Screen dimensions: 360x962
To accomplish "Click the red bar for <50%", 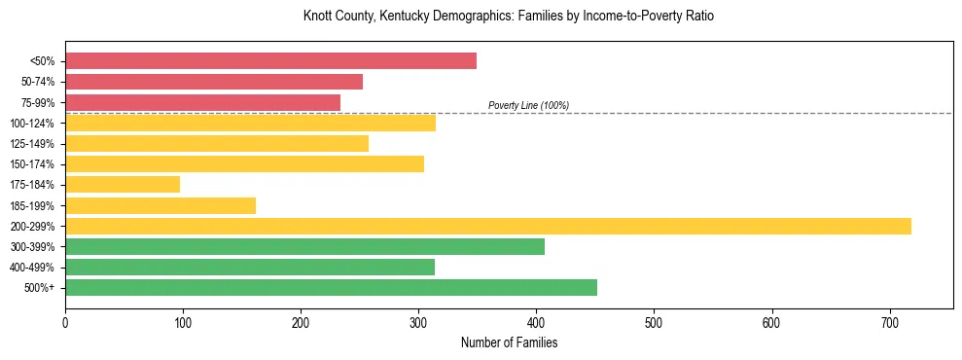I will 270,61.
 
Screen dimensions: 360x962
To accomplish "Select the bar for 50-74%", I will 214,82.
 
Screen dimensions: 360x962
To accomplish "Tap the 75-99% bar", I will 202,102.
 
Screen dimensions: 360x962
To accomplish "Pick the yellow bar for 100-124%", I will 250,123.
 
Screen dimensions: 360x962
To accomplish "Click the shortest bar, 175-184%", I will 123,184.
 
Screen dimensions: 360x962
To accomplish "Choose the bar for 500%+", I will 331,287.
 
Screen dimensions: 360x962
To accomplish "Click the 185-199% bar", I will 160,205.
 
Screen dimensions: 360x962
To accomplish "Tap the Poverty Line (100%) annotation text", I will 528,105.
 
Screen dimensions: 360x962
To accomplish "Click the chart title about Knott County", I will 509,17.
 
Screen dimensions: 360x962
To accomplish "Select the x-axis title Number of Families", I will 509,342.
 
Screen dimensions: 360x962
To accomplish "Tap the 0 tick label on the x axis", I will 65,322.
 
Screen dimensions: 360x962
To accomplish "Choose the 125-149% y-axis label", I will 33,144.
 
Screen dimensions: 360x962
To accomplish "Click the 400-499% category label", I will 33,268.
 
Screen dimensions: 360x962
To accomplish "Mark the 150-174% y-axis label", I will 33,164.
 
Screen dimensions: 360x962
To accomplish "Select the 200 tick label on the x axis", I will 301,322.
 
